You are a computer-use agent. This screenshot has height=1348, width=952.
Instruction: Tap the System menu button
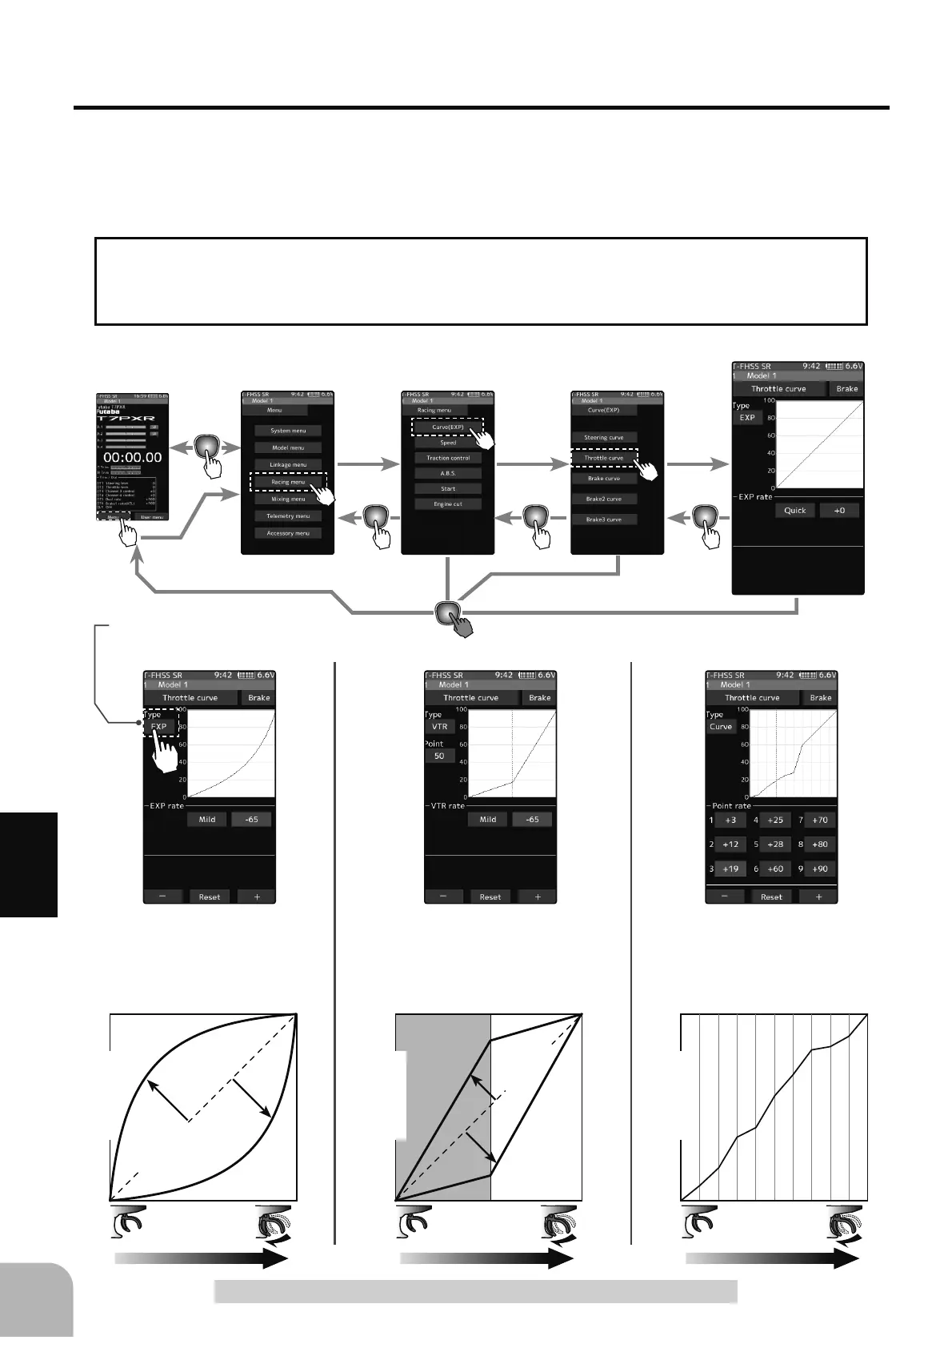pyautogui.click(x=288, y=431)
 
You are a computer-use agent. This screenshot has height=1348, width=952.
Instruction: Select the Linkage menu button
pyautogui.click(x=288, y=464)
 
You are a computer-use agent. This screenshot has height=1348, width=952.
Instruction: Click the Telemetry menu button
pyautogui.click(x=288, y=516)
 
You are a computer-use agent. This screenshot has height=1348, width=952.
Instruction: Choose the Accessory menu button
pyautogui.click(x=288, y=533)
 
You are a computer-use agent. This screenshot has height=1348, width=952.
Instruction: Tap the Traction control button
pyautogui.click(x=448, y=458)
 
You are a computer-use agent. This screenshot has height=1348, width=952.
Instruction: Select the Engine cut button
pyautogui.click(x=448, y=504)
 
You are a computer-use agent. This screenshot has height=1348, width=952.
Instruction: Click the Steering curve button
pyautogui.click(x=603, y=438)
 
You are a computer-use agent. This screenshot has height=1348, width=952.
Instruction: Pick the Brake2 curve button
pyautogui.click(x=603, y=499)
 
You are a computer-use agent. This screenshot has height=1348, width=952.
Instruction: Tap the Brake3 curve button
pyautogui.click(x=603, y=520)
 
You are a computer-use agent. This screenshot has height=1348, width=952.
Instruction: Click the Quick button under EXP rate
pyautogui.click(x=794, y=511)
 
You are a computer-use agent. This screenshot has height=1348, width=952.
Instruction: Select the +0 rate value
pyautogui.click(x=838, y=511)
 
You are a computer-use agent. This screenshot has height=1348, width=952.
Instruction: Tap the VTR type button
pyautogui.click(x=439, y=727)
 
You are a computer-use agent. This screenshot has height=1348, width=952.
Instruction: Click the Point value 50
pyautogui.click(x=439, y=756)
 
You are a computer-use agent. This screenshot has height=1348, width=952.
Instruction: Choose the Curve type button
pyautogui.click(x=721, y=727)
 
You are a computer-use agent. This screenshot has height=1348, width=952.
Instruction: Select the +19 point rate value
pyautogui.click(x=730, y=869)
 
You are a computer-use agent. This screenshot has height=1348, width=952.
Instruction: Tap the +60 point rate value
pyautogui.click(x=775, y=869)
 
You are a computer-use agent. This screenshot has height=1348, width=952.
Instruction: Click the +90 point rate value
pyautogui.click(x=820, y=869)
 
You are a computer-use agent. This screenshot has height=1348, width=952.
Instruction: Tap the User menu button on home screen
pyautogui.click(x=151, y=517)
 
